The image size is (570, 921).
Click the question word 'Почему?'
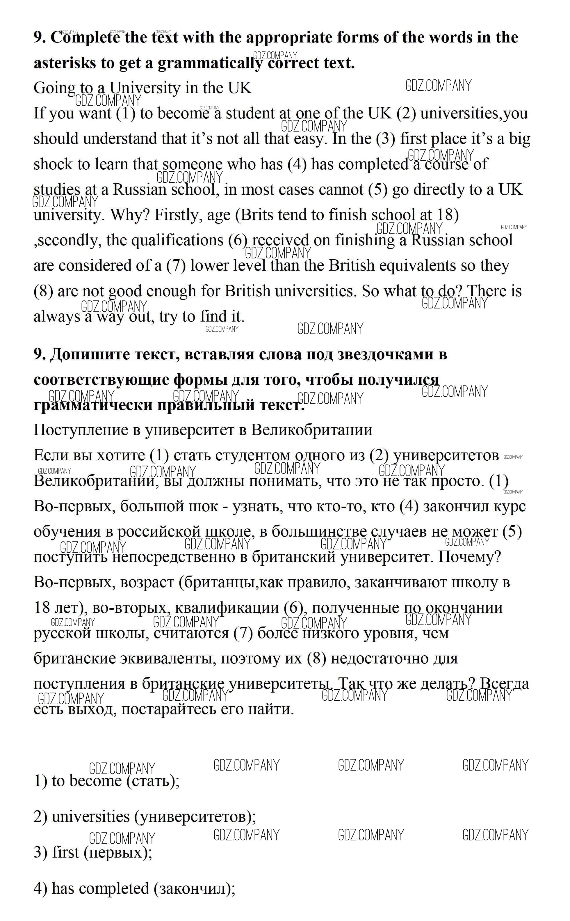pyautogui.click(x=469, y=557)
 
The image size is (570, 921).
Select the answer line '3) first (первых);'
pyautogui.click(x=93, y=852)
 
